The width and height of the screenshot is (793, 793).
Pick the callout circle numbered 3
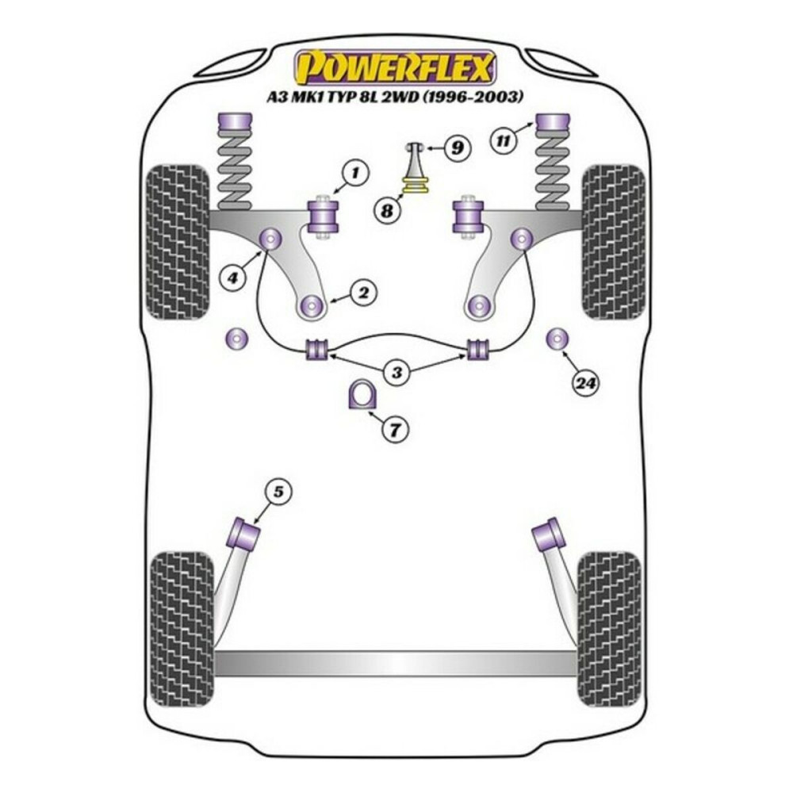(x=396, y=371)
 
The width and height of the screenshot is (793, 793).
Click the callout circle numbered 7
(x=395, y=429)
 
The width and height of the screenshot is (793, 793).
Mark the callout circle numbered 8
(x=387, y=211)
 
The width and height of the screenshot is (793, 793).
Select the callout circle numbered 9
(x=457, y=147)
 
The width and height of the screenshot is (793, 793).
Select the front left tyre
(x=179, y=241)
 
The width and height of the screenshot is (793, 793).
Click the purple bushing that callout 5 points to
(x=245, y=533)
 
